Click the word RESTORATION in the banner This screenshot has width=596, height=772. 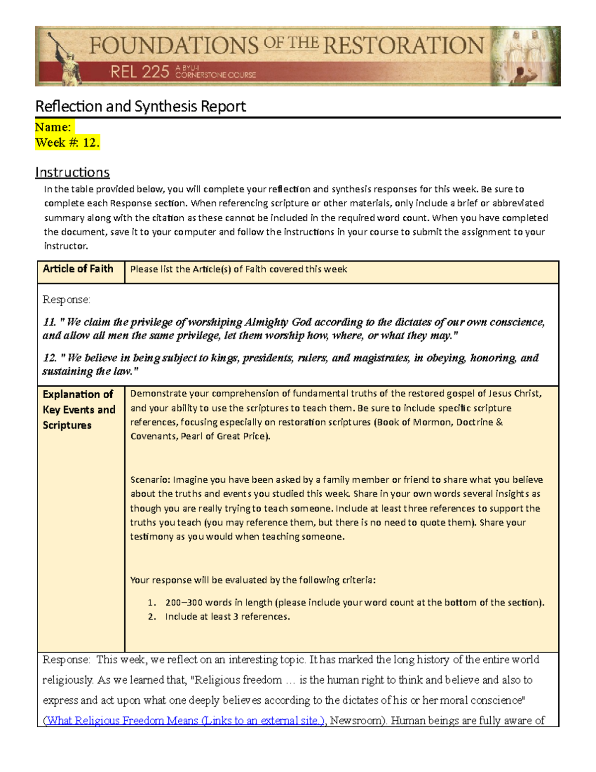click(x=403, y=46)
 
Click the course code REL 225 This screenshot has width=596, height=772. click(x=140, y=73)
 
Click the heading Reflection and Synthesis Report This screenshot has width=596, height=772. click(x=141, y=106)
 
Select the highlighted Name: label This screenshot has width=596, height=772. click(x=53, y=127)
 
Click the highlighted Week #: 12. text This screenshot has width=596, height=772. click(x=67, y=143)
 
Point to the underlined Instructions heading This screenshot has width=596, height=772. click(x=73, y=172)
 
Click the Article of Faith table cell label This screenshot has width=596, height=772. click(x=78, y=269)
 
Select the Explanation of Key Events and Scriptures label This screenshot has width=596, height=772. click(x=79, y=410)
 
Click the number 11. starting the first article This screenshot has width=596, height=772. click(x=49, y=322)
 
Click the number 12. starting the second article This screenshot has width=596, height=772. click(x=49, y=358)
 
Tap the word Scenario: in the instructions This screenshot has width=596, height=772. click(x=150, y=480)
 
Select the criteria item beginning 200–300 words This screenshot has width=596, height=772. click(x=355, y=602)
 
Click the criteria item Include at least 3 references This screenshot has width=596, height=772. click(x=227, y=617)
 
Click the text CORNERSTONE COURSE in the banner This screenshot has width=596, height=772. click(x=216, y=75)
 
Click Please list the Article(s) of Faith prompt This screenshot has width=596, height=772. click(x=238, y=269)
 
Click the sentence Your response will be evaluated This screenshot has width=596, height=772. click(x=253, y=580)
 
